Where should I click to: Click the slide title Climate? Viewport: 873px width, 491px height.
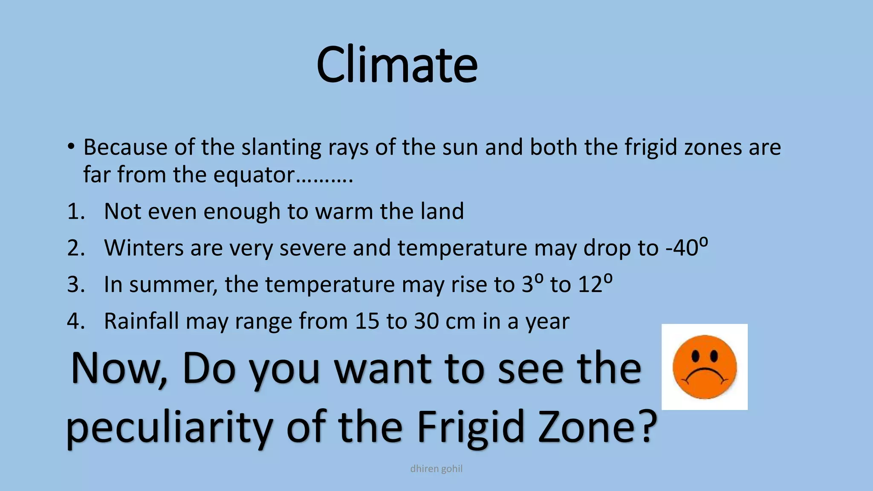pos(397,65)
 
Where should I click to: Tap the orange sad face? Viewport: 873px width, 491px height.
pos(704,367)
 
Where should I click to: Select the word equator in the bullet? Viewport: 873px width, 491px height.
pos(254,175)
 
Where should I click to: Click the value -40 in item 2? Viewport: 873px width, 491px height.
pos(681,248)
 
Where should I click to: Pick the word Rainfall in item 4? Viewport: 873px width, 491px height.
pos(141,321)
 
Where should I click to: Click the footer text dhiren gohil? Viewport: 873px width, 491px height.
pos(436,469)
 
